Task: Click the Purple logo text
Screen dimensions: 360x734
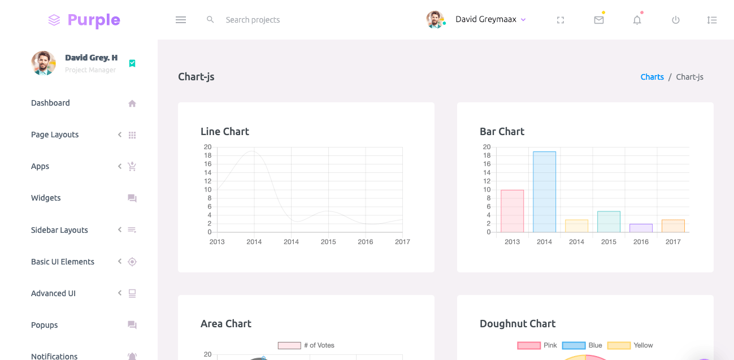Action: tap(93, 20)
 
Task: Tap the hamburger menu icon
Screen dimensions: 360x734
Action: tap(181, 20)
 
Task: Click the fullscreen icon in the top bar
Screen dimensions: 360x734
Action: tap(561, 20)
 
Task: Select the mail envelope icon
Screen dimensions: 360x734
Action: tap(599, 20)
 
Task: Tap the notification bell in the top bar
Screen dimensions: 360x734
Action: tap(637, 20)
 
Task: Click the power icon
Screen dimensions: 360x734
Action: tap(675, 20)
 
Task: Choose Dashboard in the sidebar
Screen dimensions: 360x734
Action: tap(50, 103)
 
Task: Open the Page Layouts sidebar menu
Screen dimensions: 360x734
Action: tap(55, 135)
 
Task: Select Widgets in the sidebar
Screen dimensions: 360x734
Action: tap(46, 198)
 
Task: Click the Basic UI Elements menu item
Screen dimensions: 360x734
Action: tap(63, 262)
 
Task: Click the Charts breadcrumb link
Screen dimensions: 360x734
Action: tap(652, 77)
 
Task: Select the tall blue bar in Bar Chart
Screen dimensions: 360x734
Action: tap(544, 192)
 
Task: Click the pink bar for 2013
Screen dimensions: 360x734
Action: tap(512, 211)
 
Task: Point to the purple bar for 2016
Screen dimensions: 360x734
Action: tap(641, 228)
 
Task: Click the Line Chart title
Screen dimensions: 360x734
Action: tap(225, 132)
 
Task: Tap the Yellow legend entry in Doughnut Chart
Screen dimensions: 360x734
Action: tap(631, 345)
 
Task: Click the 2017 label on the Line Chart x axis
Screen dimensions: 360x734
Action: tap(402, 242)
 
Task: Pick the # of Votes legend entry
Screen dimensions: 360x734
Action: tap(306, 345)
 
